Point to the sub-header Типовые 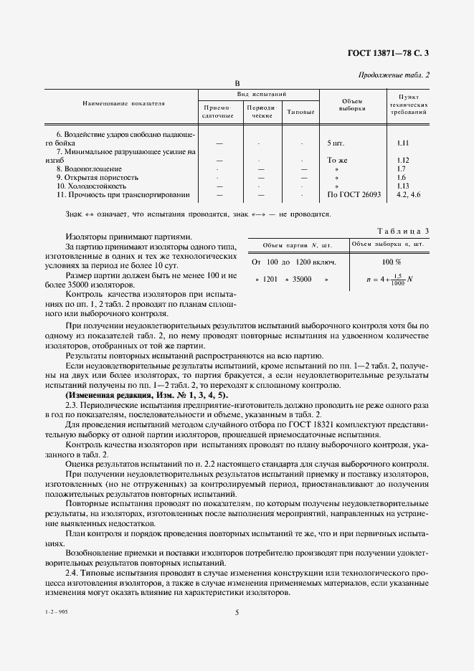(x=300, y=111)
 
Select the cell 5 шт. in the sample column (x=338, y=143)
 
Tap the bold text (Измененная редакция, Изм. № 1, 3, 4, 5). (x=147, y=395)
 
